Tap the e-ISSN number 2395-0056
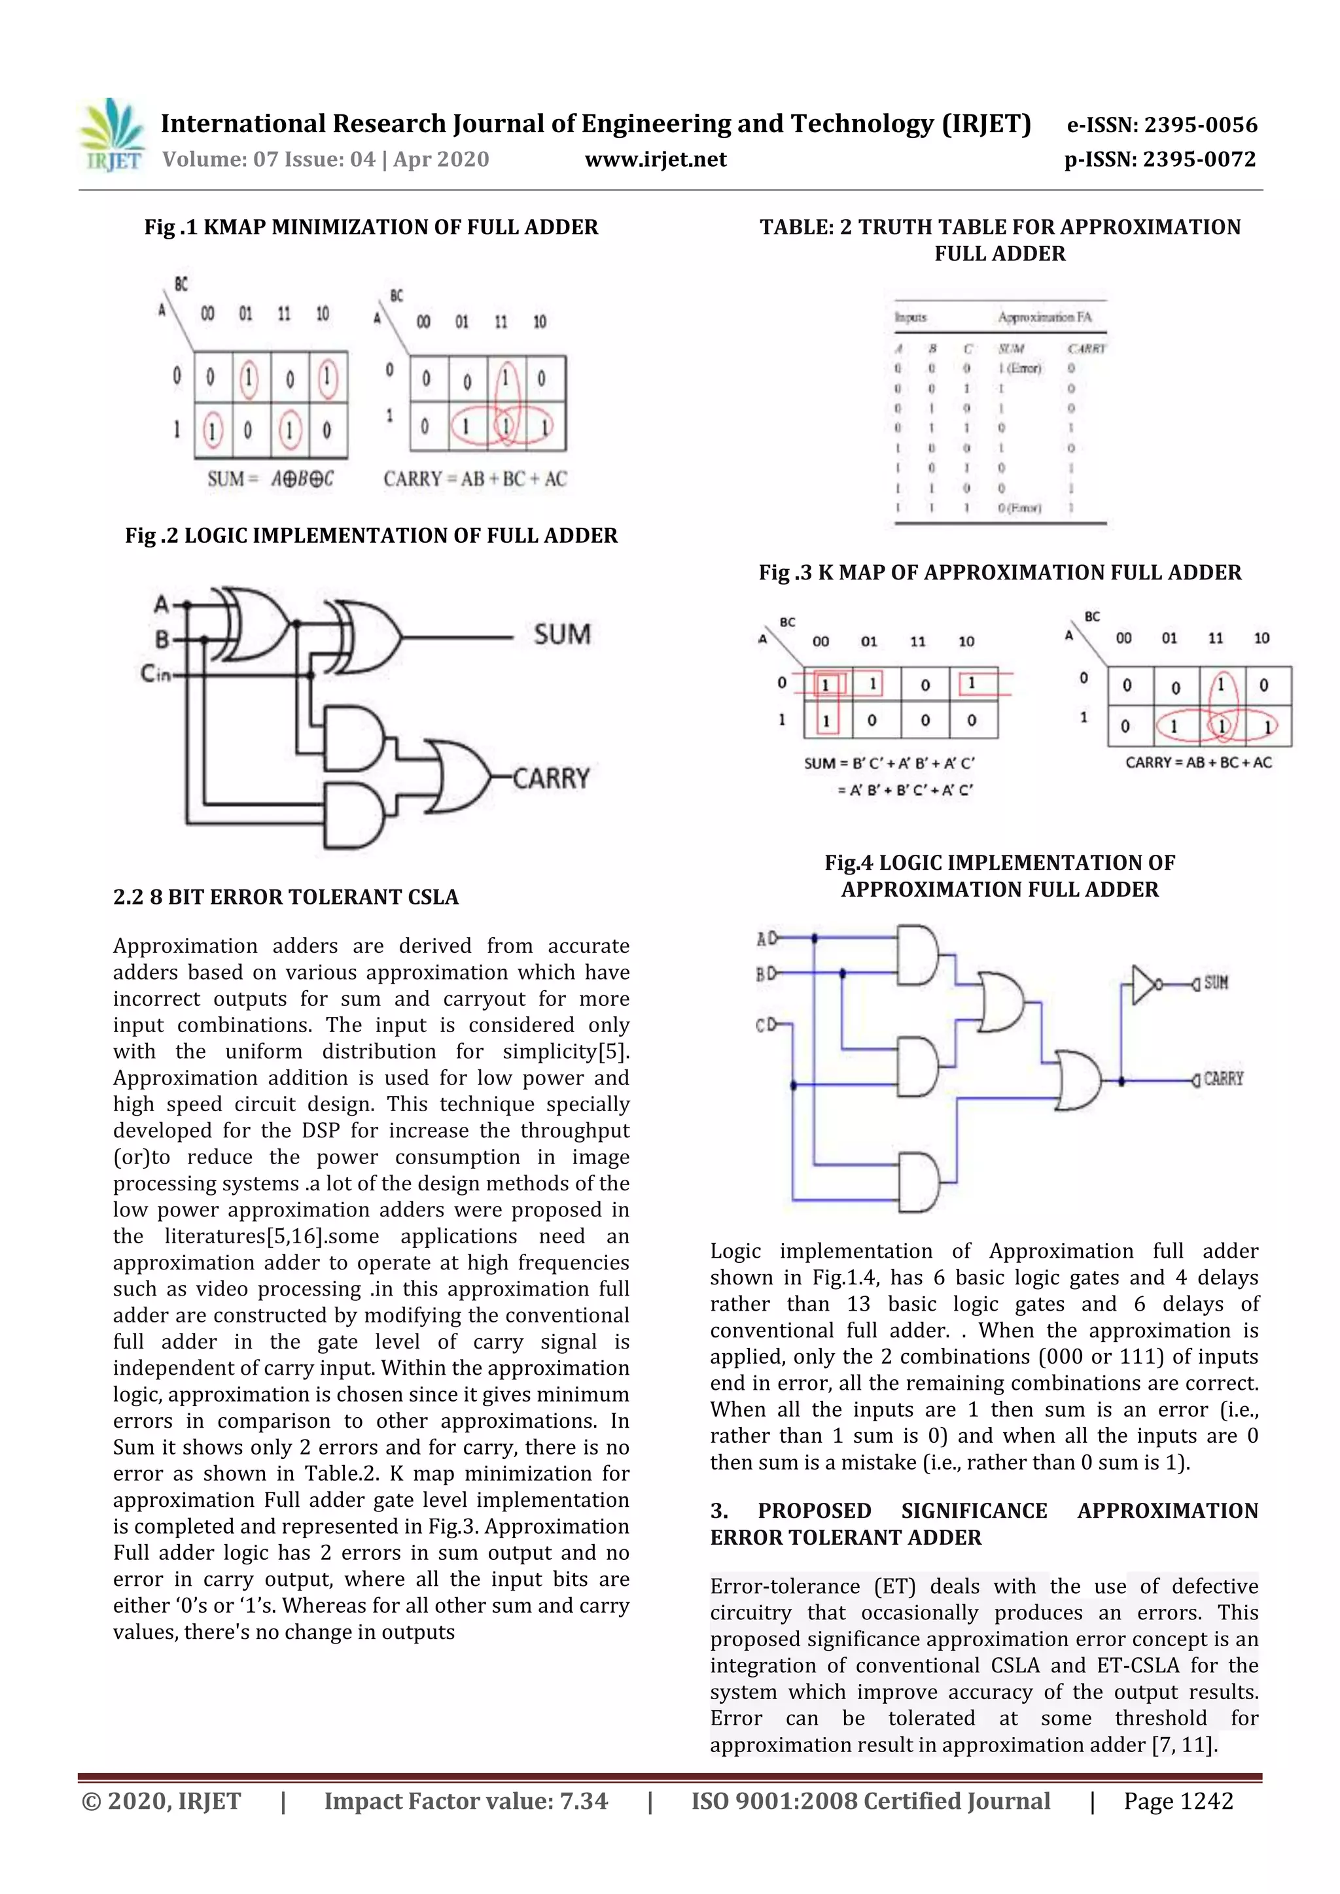click(1162, 126)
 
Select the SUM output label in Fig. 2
click(562, 634)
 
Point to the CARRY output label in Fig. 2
click(551, 778)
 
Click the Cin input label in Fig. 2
click(155, 674)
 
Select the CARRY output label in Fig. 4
click(1222, 1079)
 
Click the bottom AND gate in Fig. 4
click(917, 1182)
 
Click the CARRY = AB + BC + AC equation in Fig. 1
click(474, 479)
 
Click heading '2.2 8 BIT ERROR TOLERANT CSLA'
click(285, 897)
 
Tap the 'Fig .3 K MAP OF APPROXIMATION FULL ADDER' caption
click(999, 572)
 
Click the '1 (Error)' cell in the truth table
click(1020, 369)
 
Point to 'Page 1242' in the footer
click(1178, 1800)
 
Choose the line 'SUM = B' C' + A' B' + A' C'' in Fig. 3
click(889, 763)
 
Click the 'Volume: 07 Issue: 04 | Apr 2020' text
click(325, 159)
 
